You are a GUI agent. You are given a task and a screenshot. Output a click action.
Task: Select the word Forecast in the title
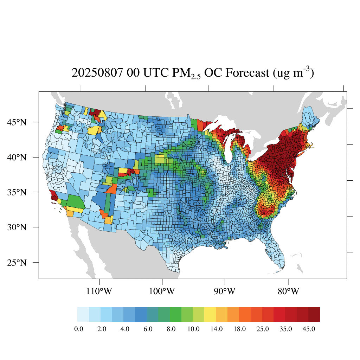(x=247, y=73)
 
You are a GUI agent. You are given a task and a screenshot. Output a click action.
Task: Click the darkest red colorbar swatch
(x=314, y=314)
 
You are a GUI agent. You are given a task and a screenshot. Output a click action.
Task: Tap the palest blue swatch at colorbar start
(x=83, y=314)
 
